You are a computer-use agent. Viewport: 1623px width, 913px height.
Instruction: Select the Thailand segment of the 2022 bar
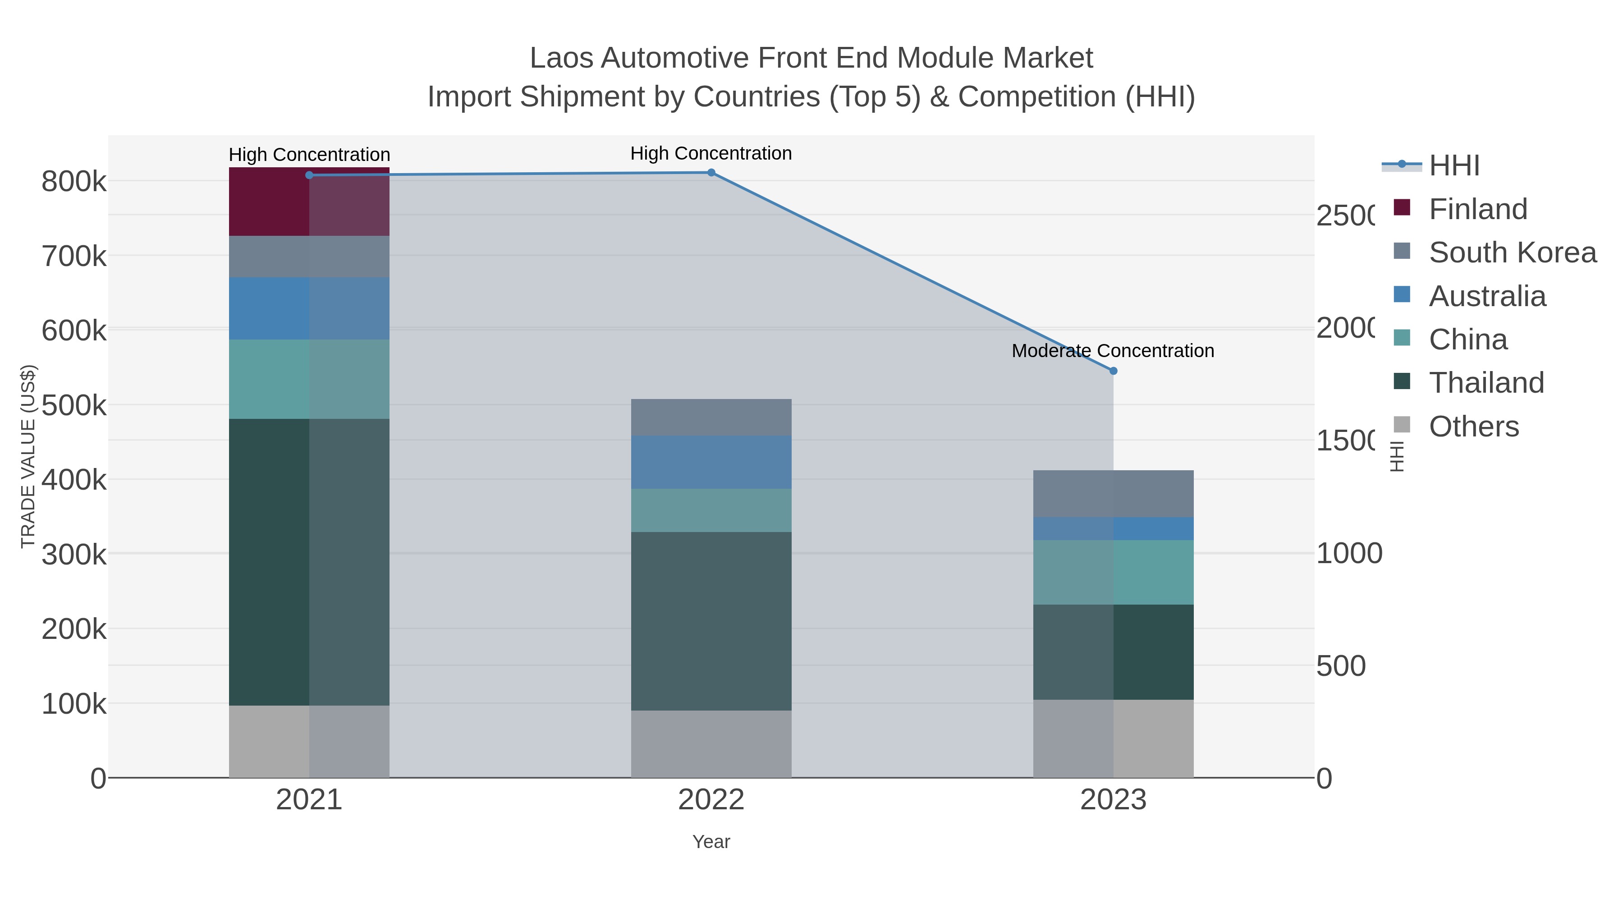(x=711, y=621)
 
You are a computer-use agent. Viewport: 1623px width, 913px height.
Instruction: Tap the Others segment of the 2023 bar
(x=1113, y=739)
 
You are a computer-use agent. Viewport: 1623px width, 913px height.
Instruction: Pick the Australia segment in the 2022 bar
(x=711, y=462)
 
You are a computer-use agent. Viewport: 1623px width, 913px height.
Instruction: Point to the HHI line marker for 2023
(x=1113, y=371)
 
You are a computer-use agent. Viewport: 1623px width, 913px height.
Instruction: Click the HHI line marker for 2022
(x=711, y=173)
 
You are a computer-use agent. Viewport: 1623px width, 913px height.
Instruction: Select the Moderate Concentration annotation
(x=1113, y=351)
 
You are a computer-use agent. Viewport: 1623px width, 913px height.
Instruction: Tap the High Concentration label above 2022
(x=711, y=153)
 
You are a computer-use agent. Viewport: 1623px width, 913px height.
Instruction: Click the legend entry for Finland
(x=1477, y=209)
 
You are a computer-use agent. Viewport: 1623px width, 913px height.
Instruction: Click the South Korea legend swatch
(x=1402, y=251)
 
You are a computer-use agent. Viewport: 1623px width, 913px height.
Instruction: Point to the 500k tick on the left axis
(x=74, y=405)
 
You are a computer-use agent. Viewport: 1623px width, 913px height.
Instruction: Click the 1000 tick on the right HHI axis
(x=1349, y=553)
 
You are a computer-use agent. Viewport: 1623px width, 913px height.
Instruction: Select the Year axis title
(x=711, y=842)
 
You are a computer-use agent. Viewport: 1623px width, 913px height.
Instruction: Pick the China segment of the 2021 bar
(x=309, y=379)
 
